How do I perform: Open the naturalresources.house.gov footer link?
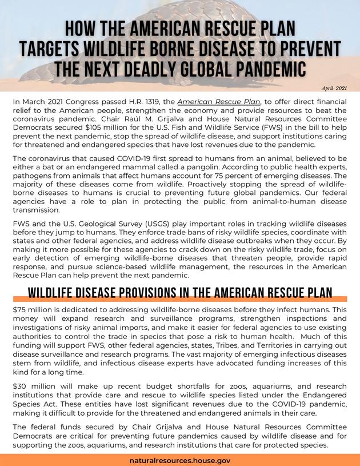[180, 460]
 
